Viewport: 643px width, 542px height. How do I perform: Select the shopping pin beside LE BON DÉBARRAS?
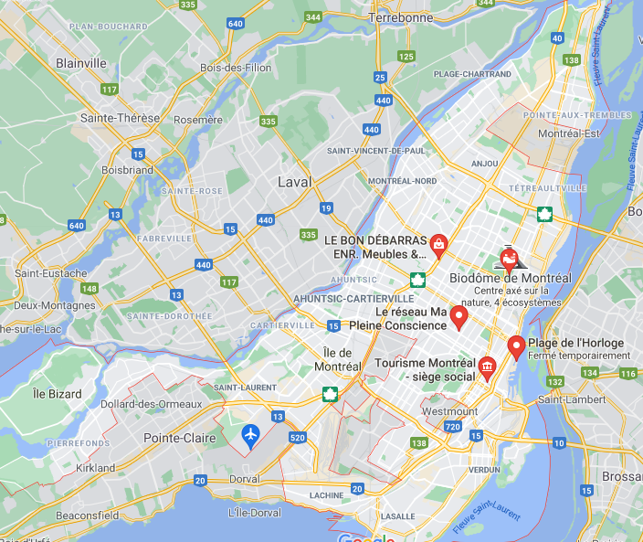[x=439, y=243]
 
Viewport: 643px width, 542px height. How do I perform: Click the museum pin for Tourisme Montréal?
[x=488, y=367]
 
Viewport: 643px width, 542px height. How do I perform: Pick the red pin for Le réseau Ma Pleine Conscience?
[x=460, y=316]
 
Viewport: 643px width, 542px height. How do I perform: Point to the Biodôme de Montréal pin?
[x=510, y=259]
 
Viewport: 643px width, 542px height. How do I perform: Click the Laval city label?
[x=294, y=182]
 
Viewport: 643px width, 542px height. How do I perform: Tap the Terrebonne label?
[x=400, y=17]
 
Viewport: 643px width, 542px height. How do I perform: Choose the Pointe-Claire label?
[x=179, y=438]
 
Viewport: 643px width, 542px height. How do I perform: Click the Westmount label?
[x=450, y=411]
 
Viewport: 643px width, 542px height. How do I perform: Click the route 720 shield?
[x=454, y=427]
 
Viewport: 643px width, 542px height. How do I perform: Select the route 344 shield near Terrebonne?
[x=313, y=17]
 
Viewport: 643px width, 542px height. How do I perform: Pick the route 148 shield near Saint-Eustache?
[x=89, y=289]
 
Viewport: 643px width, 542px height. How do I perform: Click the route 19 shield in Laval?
[x=326, y=208]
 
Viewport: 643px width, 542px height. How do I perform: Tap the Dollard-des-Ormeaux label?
[x=138, y=404]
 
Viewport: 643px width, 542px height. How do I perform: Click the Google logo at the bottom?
[x=366, y=537]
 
